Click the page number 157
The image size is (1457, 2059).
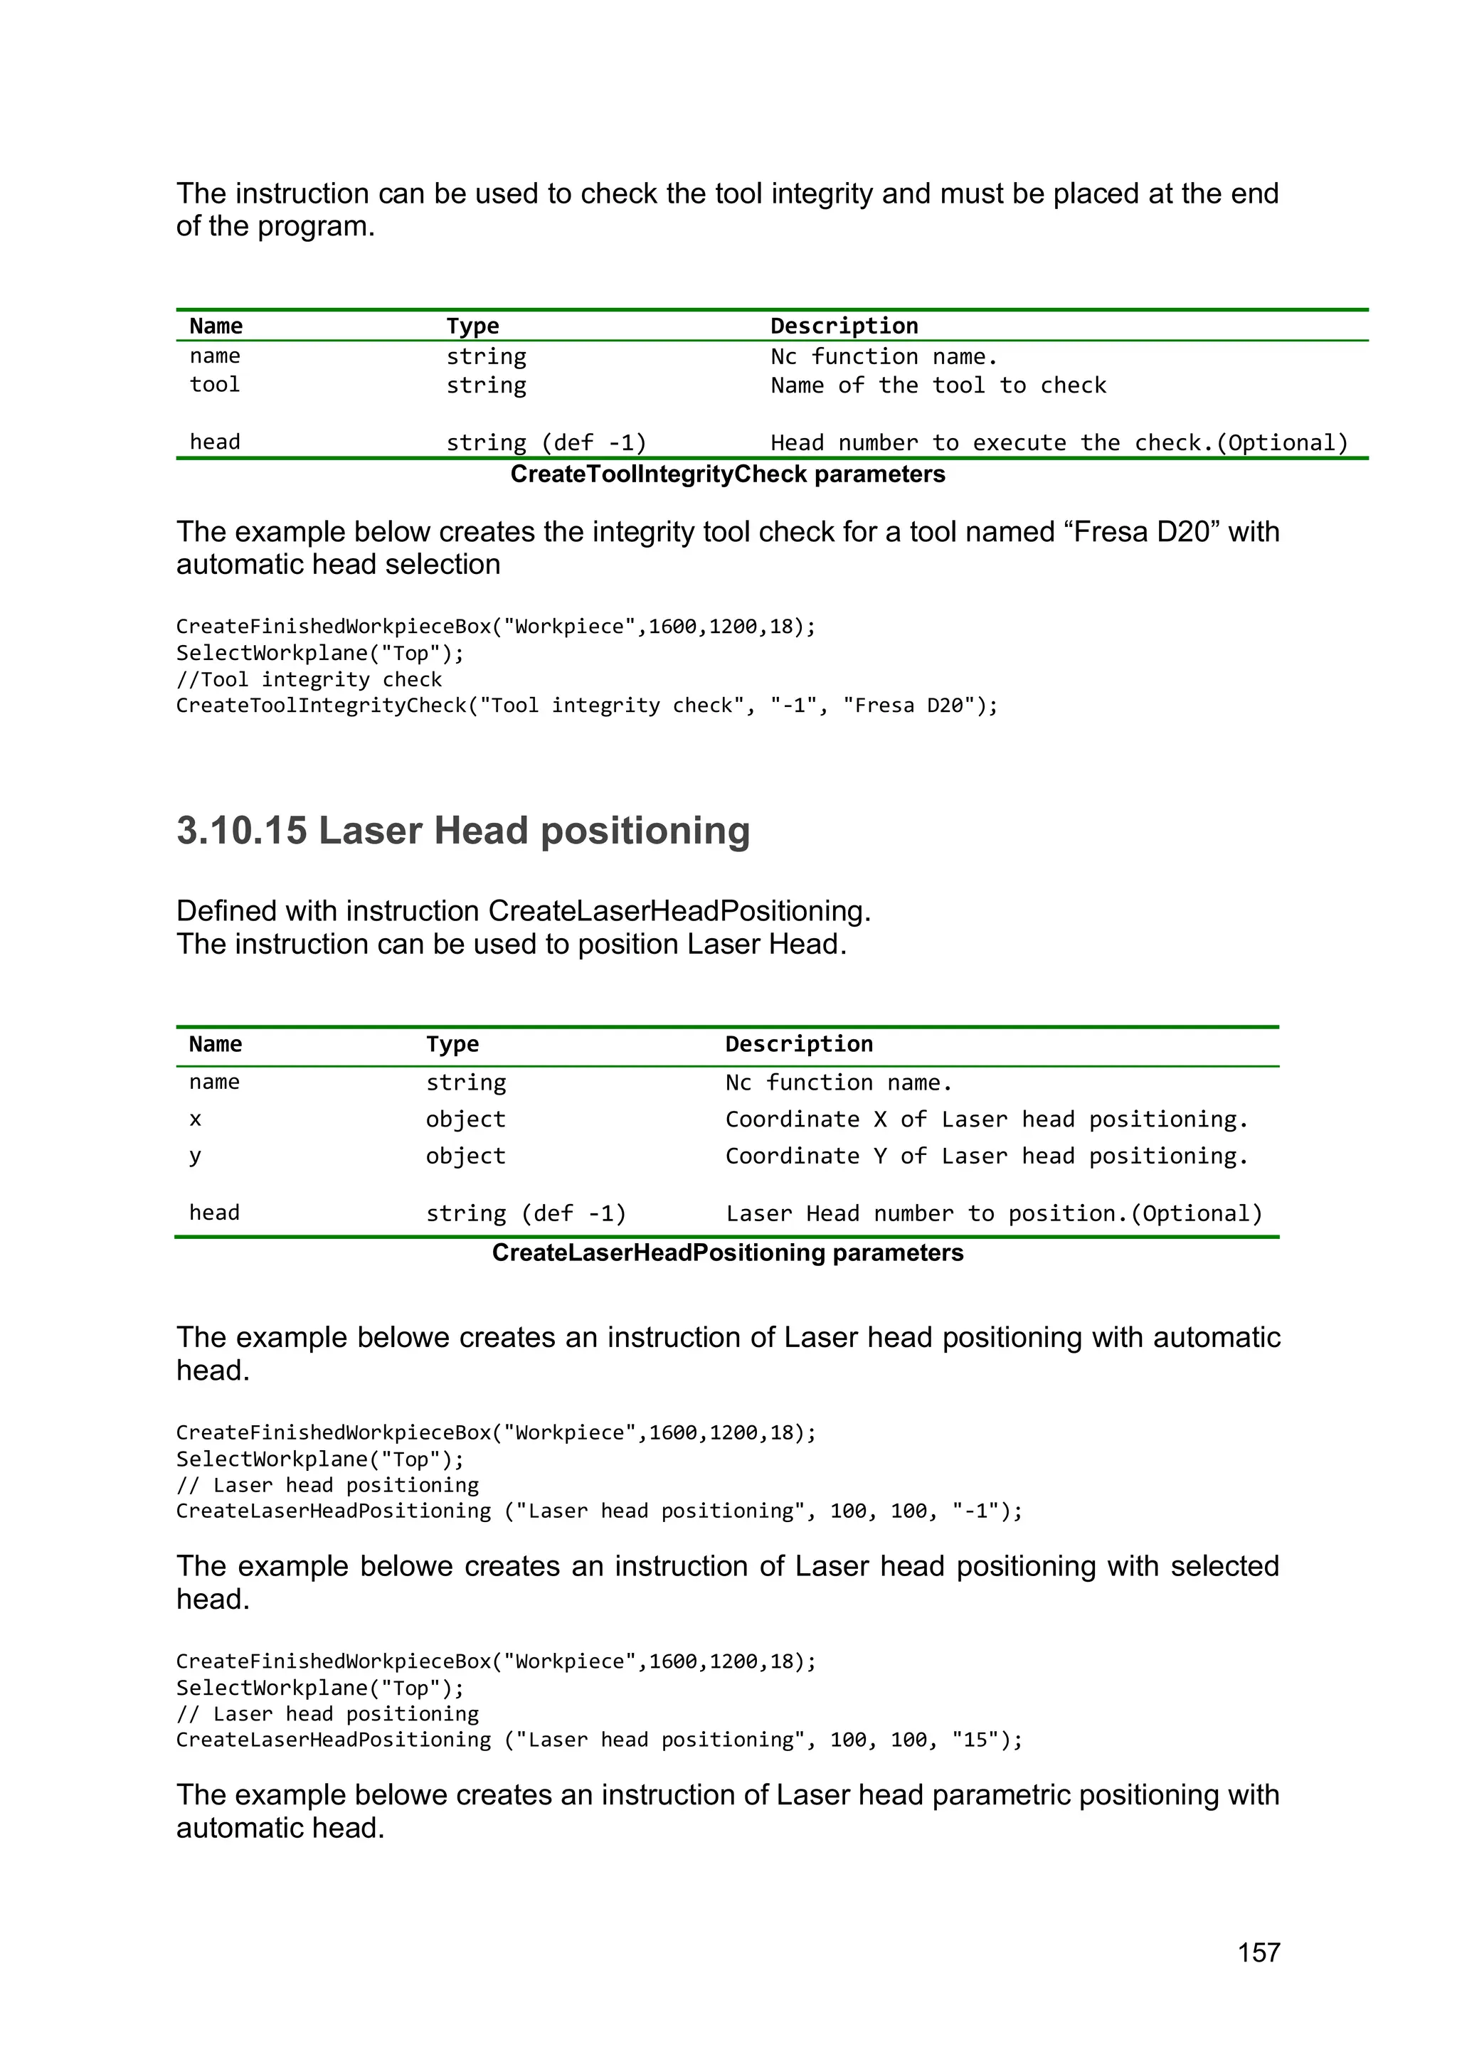click(x=1258, y=1952)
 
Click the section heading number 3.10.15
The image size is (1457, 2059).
click(x=241, y=831)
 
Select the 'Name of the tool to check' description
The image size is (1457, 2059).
click(x=938, y=385)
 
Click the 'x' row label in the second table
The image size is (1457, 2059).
click(x=196, y=1119)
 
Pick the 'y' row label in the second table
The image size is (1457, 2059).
click(x=196, y=1156)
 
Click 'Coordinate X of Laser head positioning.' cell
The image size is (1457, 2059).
click(x=986, y=1119)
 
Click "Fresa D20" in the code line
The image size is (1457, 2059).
click(x=908, y=706)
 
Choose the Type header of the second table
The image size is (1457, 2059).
click(x=452, y=1044)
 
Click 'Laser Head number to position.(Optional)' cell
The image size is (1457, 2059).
click(x=993, y=1213)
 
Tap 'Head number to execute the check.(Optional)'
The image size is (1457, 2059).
click(x=1059, y=443)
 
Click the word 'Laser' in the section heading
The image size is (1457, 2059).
click(x=371, y=831)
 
